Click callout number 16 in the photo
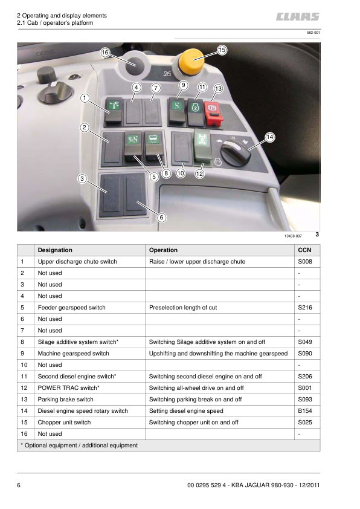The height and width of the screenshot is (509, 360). pos(105,53)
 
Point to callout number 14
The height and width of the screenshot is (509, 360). pos(269,137)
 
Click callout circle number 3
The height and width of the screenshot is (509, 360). pos(82,178)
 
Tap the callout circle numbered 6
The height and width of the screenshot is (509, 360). pos(162,217)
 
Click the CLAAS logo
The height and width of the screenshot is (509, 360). pos(298,17)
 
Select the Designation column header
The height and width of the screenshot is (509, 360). pos(55,250)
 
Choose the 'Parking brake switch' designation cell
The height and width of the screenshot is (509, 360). pos(65,399)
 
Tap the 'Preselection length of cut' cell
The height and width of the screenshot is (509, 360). pos(183,307)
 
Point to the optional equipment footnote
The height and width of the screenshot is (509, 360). pos(79,445)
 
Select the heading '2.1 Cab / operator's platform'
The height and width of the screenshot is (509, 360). pos(55,23)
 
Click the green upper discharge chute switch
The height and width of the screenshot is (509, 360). pos(113,107)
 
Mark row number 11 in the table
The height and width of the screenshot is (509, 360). pos(23,376)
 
